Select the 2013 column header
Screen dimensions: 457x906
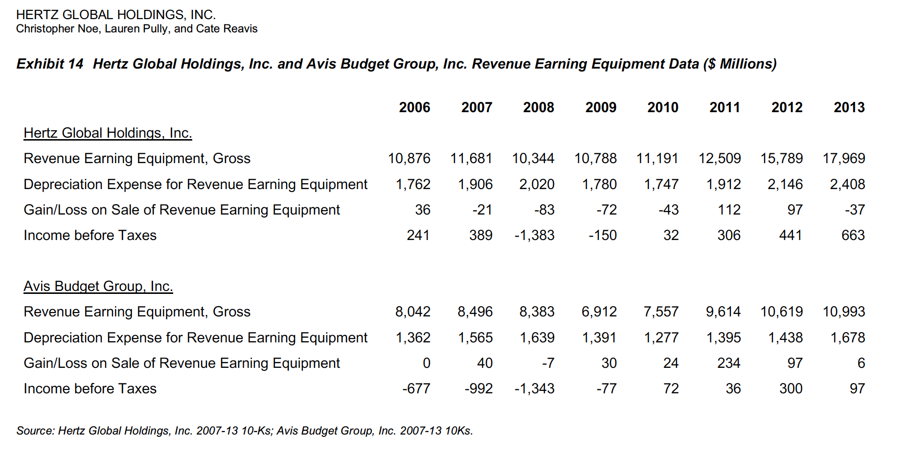[849, 107]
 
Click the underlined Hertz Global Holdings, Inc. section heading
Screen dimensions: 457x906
[108, 133]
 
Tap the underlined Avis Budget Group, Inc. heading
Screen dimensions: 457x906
[98, 286]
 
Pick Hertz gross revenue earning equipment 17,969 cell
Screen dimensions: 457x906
[843, 158]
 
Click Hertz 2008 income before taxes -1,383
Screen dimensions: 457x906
[534, 235]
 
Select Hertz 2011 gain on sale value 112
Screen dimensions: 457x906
[729, 210]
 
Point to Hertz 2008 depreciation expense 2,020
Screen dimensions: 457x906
[537, 184]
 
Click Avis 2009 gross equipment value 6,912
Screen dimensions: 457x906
[599, 312]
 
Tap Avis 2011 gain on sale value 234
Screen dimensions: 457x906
[728, 363]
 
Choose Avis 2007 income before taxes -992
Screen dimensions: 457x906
[478, 388]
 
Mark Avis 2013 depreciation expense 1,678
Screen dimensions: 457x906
[847, 337]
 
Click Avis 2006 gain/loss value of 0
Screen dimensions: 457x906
[426, 363]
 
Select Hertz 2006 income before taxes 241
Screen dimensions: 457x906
[418, 235]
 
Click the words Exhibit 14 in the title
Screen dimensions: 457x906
[50, 64]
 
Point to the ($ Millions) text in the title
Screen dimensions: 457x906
[740, 64]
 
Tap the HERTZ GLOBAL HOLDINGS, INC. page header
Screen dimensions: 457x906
[116, 15]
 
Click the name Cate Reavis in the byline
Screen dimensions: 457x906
[226, 28]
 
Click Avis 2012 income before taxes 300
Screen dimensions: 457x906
[791, 388]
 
